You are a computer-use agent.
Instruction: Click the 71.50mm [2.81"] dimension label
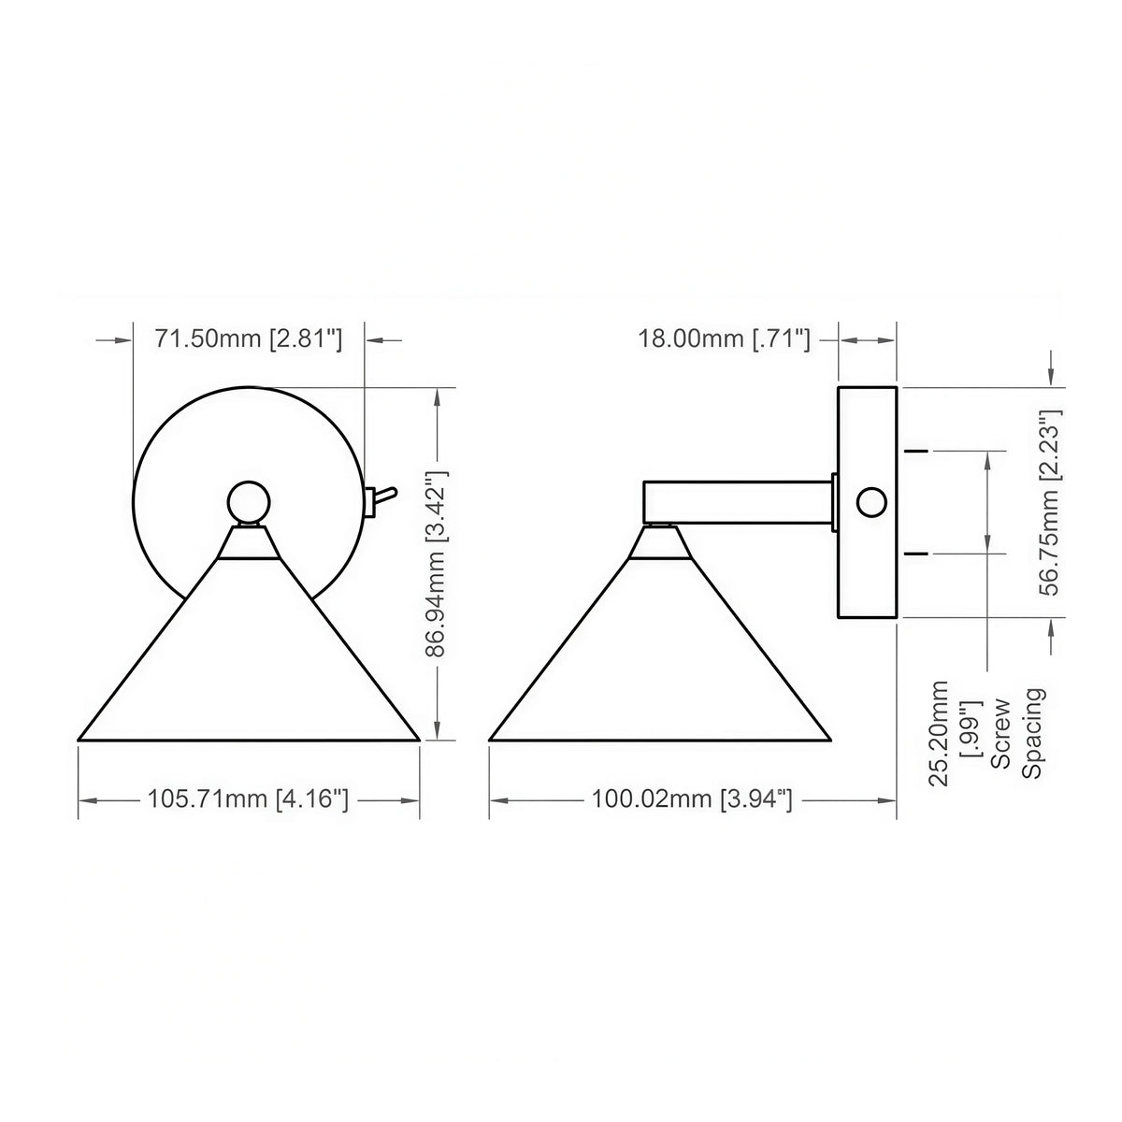coord(248,338)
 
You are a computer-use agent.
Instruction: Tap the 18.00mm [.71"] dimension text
coord(724,338)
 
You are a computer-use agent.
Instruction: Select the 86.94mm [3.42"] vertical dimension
coord(436,564)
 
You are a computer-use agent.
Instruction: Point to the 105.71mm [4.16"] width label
coord(248,798)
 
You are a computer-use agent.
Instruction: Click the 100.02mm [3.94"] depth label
coord(692,798)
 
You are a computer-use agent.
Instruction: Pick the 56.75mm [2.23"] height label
coord(1050,502)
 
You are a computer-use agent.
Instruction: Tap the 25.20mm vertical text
coord(938,733)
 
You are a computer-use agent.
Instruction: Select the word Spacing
coord(1032,733)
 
